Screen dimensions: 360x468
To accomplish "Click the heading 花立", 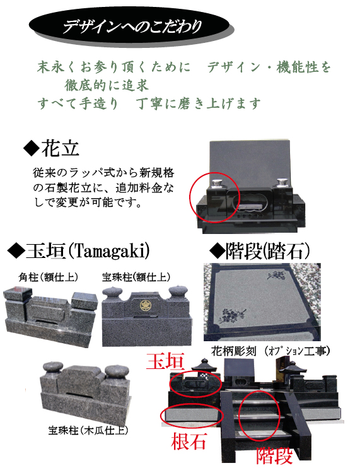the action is (61, 148).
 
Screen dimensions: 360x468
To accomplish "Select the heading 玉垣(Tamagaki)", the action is (88, 250).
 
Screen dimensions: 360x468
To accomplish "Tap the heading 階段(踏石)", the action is (267, 250).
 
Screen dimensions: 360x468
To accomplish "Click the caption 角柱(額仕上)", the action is (48, 277).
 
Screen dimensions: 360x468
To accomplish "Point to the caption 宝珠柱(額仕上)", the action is (136, 277).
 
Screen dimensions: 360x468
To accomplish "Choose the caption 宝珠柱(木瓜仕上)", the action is (88, 430).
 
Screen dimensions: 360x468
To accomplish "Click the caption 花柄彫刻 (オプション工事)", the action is (270, 351).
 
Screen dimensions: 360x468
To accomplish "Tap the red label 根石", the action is (189, 441).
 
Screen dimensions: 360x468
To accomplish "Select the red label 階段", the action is (274, 455).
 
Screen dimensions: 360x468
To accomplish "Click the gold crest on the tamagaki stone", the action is (146, 305).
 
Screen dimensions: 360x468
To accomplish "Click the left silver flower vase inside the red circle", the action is (218, 184).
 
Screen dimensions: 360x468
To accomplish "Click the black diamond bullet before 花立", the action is (32, 148).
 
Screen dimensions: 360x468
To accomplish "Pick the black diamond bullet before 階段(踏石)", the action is (216, 251).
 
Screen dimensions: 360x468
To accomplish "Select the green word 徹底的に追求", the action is (107, 85).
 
